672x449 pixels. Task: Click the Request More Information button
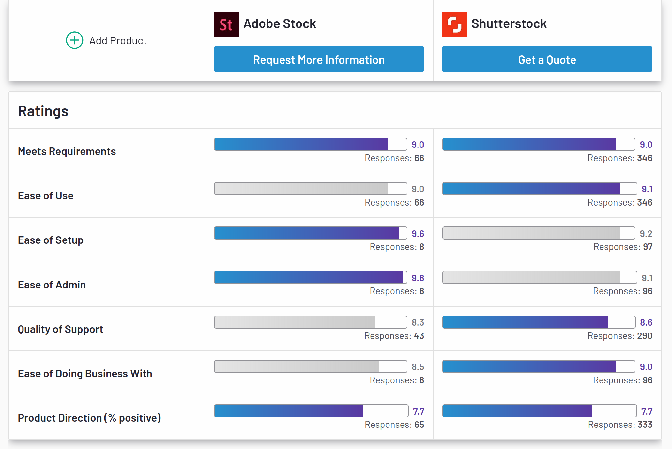coord(319,59)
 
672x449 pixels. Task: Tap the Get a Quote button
coord(547,59)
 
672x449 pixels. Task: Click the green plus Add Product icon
coord(74,40)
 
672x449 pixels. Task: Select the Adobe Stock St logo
coord(226,24)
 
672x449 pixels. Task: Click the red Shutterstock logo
coord(454,24)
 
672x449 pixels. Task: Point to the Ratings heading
coord(43,111)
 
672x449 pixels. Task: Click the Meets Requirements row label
coord(67,151)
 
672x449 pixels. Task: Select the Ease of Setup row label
coord(51,240)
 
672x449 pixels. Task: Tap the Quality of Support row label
coord(60,329)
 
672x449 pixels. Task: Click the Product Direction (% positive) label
coord(89,418)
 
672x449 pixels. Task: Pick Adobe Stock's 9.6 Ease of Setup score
coord(418,234)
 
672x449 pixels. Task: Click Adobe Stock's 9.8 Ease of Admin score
coord(418,278)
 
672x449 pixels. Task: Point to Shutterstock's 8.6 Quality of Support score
coord(646,322)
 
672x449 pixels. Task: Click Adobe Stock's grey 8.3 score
coord(418,322)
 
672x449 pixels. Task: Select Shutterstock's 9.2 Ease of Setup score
coord(646,234)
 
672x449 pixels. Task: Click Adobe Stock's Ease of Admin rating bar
coord(310,277)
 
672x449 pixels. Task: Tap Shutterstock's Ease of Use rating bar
coord(539,189)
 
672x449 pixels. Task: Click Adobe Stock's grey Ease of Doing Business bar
coord(310,366)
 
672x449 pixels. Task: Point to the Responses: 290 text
coord(620,336)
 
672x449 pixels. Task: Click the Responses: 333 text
coord(620,425)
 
